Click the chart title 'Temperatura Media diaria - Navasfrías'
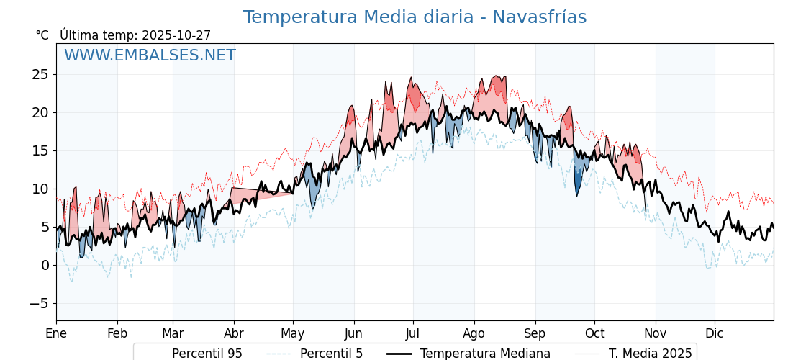pos(415,17)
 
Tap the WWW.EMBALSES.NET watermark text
pos(150,55)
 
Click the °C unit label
pos(42,35)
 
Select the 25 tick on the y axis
pos(40,74)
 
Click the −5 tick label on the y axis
pos(39,303)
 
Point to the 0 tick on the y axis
pos(45,265)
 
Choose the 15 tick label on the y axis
pos(40,150)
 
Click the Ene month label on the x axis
pos(56,333)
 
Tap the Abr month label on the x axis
pos(234,333)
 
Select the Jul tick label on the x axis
pos(413,333)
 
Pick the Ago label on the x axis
pos(474,333)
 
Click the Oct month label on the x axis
pos(594,333)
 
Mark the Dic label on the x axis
pos(715,333)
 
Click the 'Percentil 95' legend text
pos(207,354)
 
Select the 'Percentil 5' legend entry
pos(331,354)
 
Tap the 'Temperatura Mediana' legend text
pos(485,354)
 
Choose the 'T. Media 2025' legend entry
pos(650,354)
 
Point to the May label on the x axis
pos(293,333)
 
